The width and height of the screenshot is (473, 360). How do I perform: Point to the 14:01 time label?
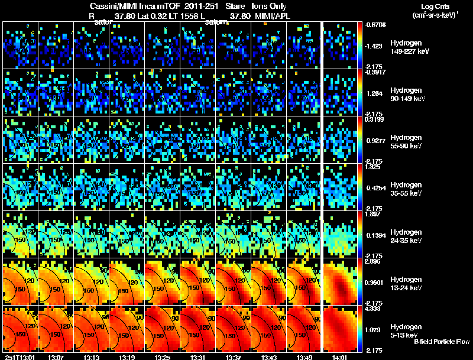click(x=339, y=357)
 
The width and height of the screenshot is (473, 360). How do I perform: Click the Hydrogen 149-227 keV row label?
click(x=406, y=47)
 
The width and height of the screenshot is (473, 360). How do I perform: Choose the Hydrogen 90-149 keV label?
click(x=406, y=95)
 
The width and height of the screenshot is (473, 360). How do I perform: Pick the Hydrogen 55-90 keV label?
click(x=406, y=142)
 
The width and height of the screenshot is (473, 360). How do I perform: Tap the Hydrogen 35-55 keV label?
click(x=406, y=189)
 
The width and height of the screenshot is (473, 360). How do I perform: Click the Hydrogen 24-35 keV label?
click(x=406, y=236)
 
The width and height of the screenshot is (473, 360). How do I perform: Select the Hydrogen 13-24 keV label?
click(x=406, y=284)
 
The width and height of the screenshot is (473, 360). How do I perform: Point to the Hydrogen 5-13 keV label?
click(x=406, y=330)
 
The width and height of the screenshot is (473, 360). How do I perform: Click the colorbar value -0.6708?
click(x=375, y=25)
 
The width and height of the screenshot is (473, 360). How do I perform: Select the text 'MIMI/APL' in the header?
click(x=274, y=16)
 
